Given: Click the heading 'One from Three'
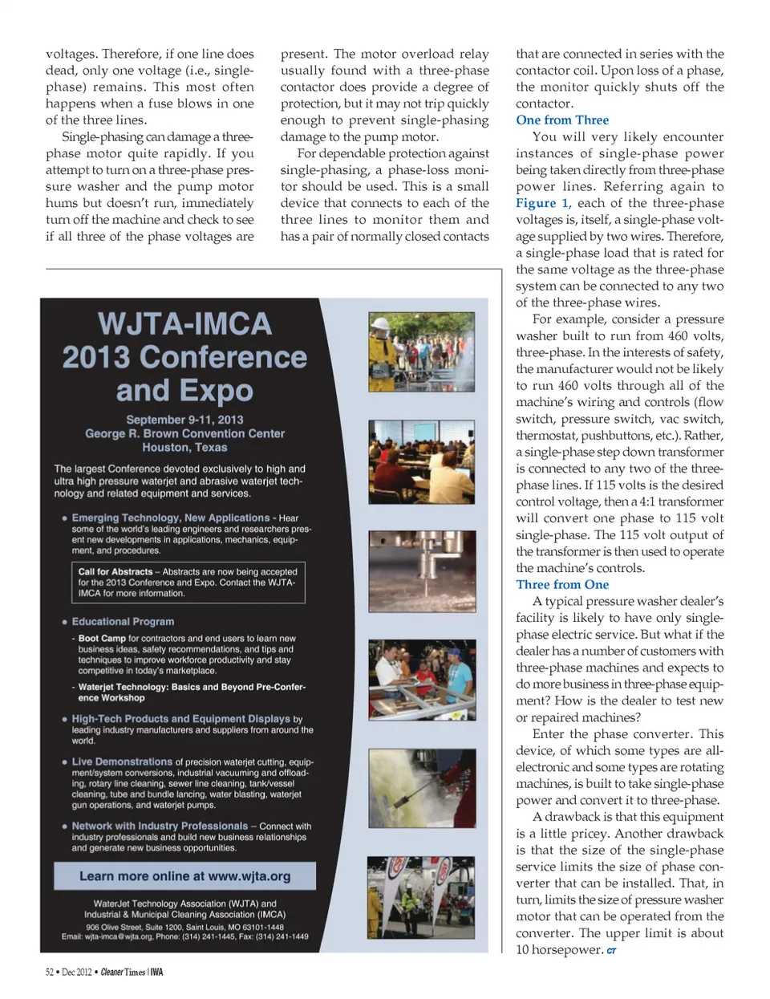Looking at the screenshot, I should pyautogui.click(x=562, y=120).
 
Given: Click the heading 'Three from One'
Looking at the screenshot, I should pyautogui.click(x=562, y=585).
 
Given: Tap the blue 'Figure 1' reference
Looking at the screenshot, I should pyautogui.click(x=542, y=203).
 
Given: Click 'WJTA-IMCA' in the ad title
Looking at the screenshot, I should pyautogui.click(x=184, y=324).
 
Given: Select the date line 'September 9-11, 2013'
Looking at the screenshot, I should pyautogui.click(x=184, y=420).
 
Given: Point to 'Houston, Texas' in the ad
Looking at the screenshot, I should pyautogui.click(x=184, y=448).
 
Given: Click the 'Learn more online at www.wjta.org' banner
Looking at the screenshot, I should pyautogui.click(x=184, y=876).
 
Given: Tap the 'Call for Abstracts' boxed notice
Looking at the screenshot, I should pyautogui.click(x=187, y=583).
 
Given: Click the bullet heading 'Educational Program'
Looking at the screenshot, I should pyautogui.click(x=123, y=622).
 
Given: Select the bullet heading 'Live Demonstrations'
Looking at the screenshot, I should pyautogui.click(x=122, y=761).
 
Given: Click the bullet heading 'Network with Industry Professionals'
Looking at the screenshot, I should pyautogui.click(x=160, y=826).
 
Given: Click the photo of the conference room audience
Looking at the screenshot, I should pyautogui.click(x=421, y=461).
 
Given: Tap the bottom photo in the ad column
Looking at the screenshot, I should pyautogui.click(x=421, y=897).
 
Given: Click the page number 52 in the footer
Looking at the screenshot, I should pyautogui.click(x=50, y=973).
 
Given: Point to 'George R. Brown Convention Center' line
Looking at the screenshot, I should pyautogui.click(x=184, y=434).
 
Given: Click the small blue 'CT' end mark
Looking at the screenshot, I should pyautogui.click(x=611, y=951).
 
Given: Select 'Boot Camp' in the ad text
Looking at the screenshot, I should pyautogui.click(x=102, y=639).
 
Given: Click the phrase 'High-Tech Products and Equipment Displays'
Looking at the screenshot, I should pyautogui.click(x=180, y=719).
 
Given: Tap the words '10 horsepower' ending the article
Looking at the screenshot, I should pyautogui.click(x=558, y=950).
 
